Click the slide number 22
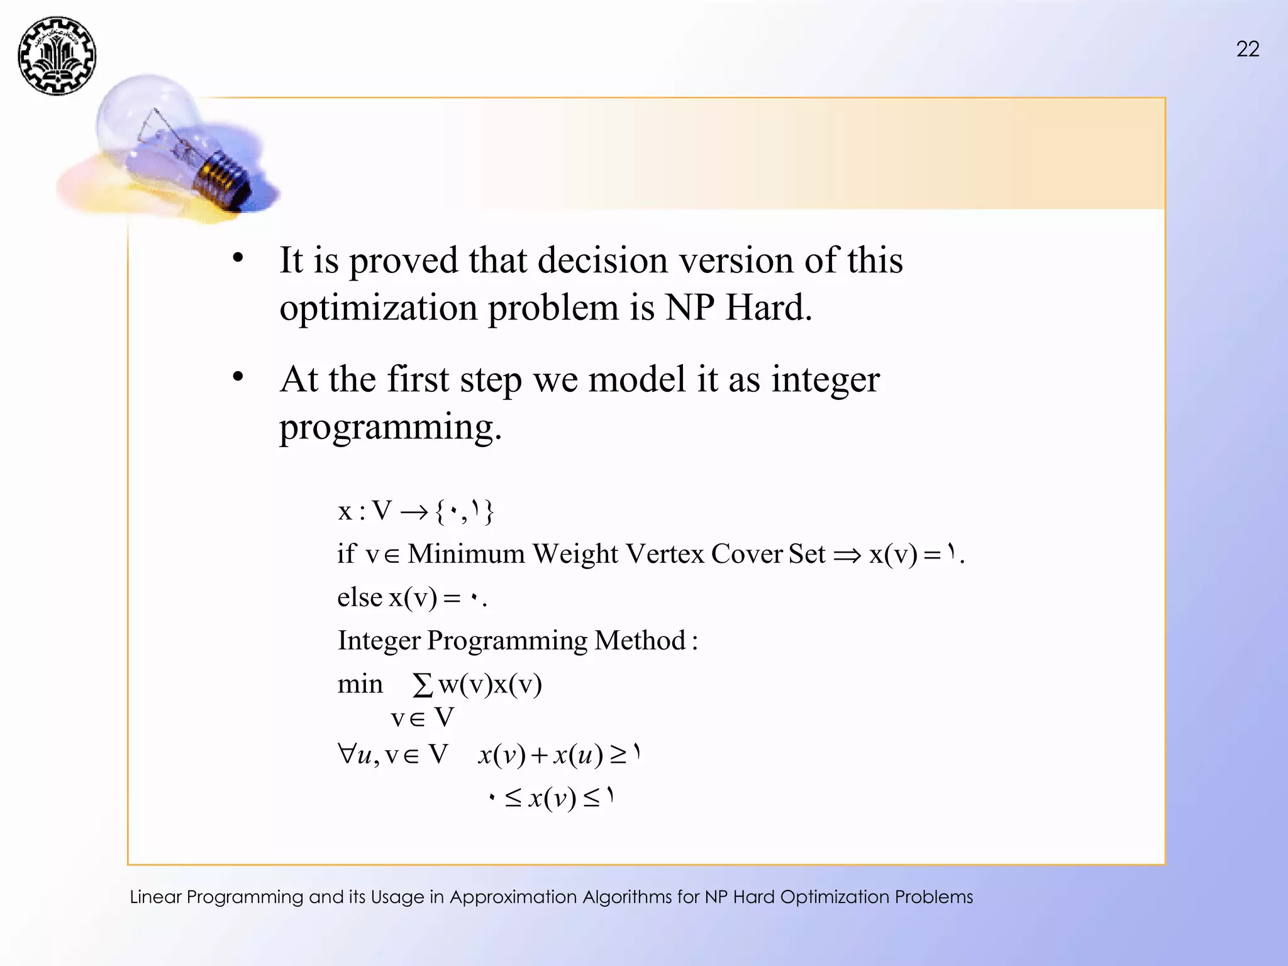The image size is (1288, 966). click(1248, 49)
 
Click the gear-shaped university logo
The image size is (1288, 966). click(57, 55)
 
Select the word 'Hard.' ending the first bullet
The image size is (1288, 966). click(769, 308)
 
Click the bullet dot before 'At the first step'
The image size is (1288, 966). click(238, 377)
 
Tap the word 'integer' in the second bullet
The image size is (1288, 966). click(825, 379)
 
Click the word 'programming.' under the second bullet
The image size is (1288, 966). click(390, 427)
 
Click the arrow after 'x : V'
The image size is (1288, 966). click(413, 513)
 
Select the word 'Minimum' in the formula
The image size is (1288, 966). click(466, 554)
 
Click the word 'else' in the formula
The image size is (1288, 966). click(359, 597)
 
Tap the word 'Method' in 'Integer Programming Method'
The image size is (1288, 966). click(640, 641)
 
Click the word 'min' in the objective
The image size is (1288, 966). click(360, 684)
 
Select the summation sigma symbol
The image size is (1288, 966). click(423, 685)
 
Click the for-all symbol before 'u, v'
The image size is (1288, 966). click(347, 753)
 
